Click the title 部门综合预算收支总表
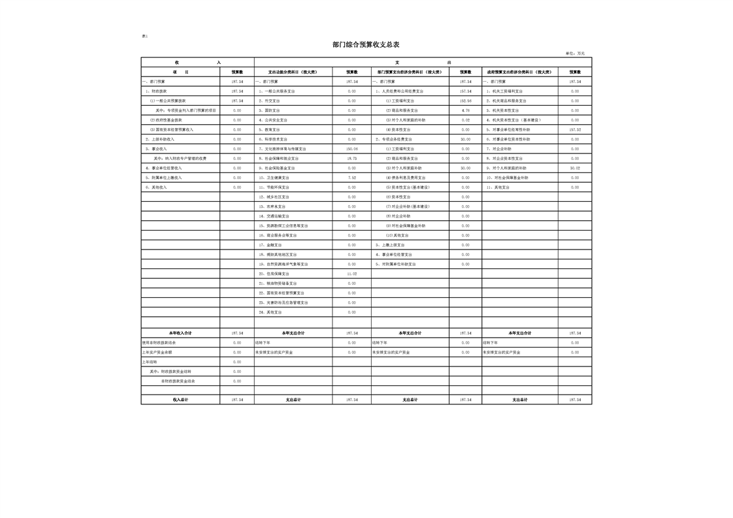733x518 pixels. tap(366, 44)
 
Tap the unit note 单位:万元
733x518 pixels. tap(575, 54)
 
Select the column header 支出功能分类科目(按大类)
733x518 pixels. tap(293, 72)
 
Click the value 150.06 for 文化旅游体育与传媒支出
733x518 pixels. tap(351, 149)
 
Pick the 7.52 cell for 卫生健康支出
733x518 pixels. tap(351, 178)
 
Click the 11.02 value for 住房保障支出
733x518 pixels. tap(351, 274)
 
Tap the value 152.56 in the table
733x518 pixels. tap(465, 101)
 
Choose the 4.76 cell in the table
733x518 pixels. tap(465, 110)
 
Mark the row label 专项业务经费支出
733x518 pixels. tap(395, 139)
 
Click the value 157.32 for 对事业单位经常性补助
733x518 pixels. tap(574, 130)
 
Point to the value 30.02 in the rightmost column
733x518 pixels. tap(574, 168)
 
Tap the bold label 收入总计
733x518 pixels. tap(180, 400)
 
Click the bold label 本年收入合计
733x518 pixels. tap(180, 333)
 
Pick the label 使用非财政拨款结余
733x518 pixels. tap(159, 342)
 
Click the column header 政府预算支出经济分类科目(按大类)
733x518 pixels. tap(519, 72)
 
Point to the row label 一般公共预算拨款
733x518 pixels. tap(168, 101)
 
